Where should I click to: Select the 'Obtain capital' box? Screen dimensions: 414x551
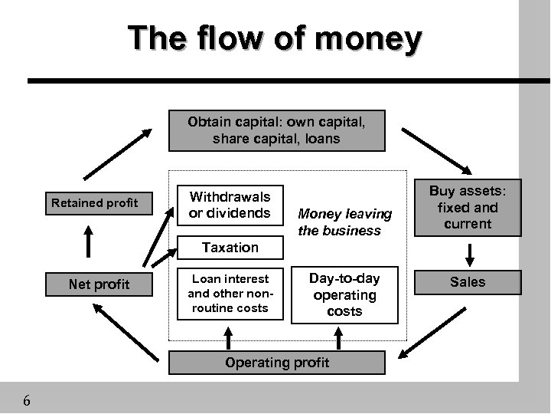coord(277,130)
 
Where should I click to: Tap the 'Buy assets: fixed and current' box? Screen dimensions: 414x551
coord(468,207)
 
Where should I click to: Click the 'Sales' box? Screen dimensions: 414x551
coord(468,282)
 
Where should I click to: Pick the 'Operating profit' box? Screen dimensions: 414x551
coord(277,362)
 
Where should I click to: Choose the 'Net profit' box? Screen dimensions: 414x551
coord(99,284)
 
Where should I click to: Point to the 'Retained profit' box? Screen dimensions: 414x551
coord(94,203)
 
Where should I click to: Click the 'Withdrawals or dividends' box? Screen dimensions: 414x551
coord(230,205)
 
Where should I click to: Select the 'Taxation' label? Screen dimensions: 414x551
coord(230,247)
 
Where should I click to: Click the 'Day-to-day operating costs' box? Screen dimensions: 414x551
coord(344,294)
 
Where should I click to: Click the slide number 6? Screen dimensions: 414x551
coord(27,400)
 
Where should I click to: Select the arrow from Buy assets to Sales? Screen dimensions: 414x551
coord(468,254)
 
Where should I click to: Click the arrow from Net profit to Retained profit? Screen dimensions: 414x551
coord(90,242)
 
